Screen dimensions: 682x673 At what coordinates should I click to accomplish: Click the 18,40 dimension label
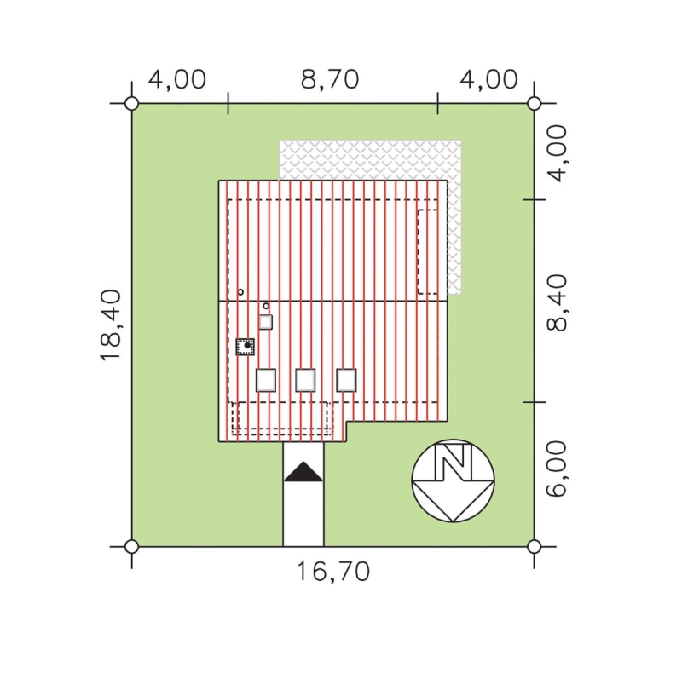(111, 325)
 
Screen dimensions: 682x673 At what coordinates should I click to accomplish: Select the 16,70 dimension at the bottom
(333, 572)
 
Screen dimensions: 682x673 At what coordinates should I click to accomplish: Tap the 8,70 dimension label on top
(330, 79)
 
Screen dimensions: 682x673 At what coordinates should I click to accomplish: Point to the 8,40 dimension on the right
(558, 303)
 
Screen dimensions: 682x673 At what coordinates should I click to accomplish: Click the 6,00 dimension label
(558, 469)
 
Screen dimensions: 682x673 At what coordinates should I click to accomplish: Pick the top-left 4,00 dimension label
(177, 79)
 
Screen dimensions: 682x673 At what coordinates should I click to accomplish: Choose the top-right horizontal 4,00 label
(488, 79)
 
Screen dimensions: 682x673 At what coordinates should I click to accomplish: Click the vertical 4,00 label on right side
(558, 153)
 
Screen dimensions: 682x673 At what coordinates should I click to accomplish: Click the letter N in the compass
(454, 461)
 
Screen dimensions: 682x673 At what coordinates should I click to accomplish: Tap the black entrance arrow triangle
(303, 472)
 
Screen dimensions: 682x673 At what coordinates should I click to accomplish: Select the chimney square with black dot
(246, 347)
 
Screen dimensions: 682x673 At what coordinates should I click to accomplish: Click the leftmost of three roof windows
(266, 380)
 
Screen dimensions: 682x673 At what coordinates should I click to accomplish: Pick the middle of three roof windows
(305, 380)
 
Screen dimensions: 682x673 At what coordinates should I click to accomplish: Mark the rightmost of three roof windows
(346, 380)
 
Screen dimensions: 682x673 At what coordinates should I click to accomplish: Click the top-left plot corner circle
(132, 104)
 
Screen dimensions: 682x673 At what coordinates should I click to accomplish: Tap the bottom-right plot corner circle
(535, 546)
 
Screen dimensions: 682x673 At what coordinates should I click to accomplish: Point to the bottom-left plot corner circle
(132, 546)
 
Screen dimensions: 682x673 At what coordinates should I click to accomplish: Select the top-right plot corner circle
(535, 104)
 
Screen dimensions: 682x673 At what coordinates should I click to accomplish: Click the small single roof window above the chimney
(266, 322)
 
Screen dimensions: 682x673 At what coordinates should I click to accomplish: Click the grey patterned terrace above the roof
(370, 160)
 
